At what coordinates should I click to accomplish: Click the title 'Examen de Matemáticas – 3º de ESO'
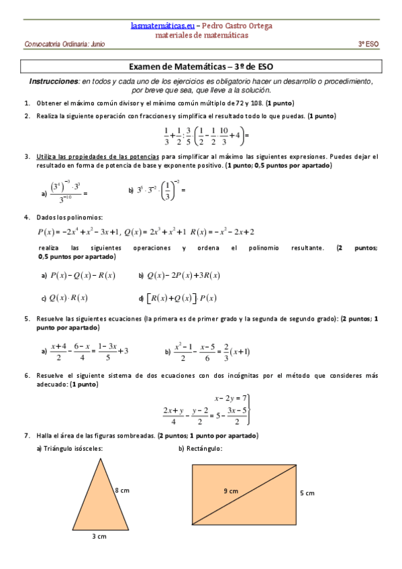201,67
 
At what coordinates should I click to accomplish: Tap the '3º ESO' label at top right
368,44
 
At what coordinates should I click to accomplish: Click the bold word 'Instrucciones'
54,81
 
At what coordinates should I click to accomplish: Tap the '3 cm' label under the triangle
99,537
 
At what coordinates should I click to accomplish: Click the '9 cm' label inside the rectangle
230,491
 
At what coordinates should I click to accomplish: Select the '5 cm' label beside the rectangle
307,493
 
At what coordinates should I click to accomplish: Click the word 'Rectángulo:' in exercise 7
204,448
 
